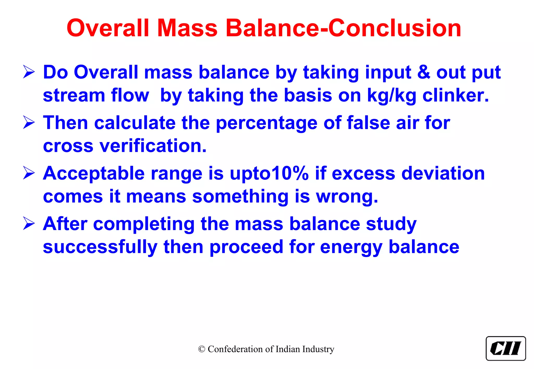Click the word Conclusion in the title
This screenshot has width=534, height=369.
coord(395,28)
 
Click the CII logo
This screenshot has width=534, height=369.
coord(506,348)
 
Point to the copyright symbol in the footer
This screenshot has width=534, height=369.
coord(202,349)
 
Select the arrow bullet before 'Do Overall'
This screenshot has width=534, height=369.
coord(29,72)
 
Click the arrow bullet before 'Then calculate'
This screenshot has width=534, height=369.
coord(29,123)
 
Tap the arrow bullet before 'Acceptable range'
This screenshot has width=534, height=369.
coord(29,173)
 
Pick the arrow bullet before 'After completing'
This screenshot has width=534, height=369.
coord(29,224)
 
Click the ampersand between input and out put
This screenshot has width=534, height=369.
coord(424,72)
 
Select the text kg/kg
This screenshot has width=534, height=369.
coord(392,96)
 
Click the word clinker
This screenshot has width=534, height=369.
coord(455,96)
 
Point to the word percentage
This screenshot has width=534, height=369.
coord(266,123)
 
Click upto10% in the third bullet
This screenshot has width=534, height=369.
coord(269,173)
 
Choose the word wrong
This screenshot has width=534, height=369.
coord(347,197)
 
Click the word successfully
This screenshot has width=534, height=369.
coord(100,247)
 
